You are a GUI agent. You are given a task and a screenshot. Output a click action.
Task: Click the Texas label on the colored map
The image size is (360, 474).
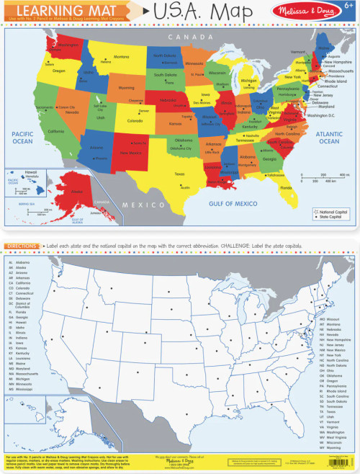(x=179, y=174)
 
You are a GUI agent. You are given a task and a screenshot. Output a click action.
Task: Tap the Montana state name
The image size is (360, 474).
(x=120, y=57)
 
